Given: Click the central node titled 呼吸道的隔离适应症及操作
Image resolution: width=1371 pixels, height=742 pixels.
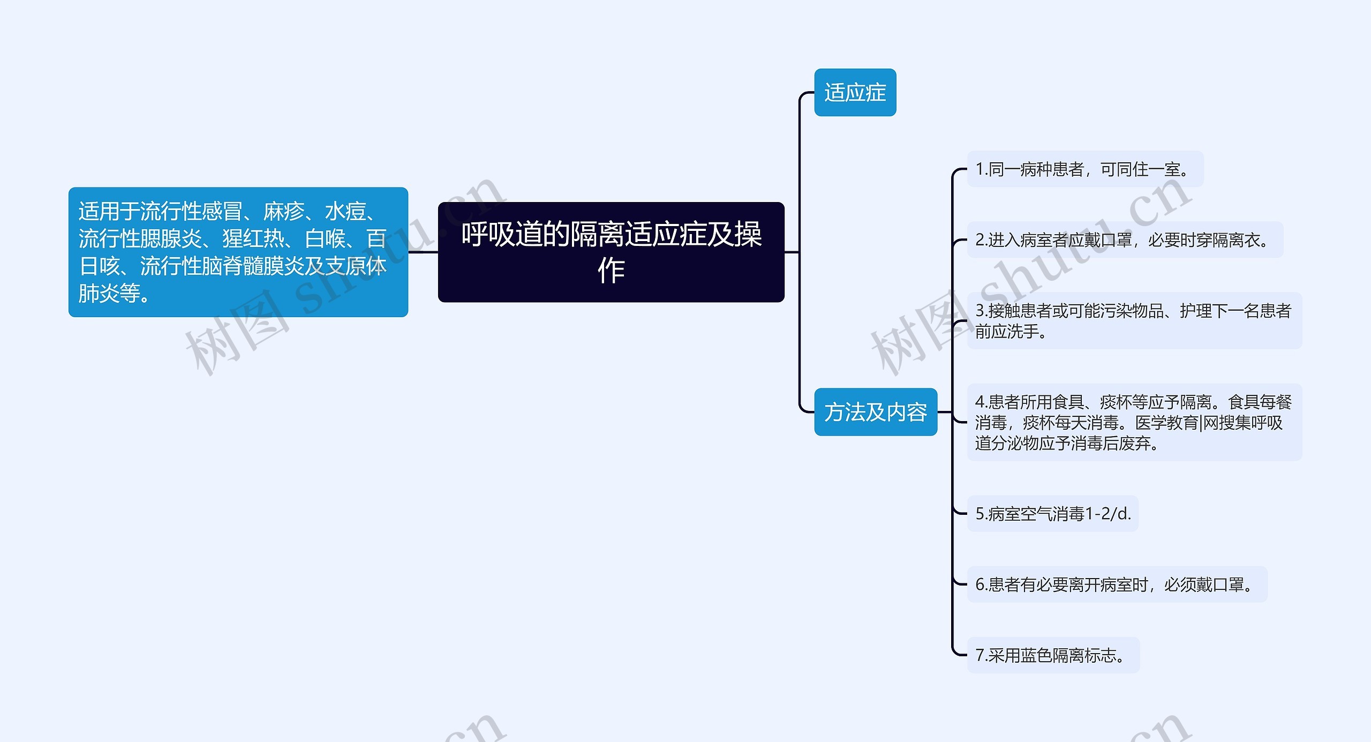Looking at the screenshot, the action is tap(611, 252).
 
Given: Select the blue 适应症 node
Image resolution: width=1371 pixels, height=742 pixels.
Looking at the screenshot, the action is tap(855, 92).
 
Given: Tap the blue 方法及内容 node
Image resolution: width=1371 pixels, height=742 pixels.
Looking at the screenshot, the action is tap(876, 412).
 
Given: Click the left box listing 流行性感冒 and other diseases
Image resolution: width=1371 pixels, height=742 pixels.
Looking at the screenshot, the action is tap(238, 252).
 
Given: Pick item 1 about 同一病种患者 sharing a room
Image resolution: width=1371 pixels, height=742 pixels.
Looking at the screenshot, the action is tap(1084, 169).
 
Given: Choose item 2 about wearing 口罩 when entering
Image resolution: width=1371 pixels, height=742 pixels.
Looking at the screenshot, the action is tap(1124, 240).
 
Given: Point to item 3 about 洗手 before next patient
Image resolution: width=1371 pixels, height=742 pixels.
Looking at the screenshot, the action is tap(1134, 320).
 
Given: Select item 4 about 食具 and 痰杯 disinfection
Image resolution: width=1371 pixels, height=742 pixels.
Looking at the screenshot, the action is tap(1134, 422).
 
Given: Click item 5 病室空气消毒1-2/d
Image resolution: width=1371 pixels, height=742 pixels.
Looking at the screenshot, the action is tap(1052, 514).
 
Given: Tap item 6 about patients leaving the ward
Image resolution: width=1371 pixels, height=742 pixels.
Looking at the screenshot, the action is tap(1117, 584).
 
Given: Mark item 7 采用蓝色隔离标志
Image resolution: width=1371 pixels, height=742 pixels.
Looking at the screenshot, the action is tap(1053, 655).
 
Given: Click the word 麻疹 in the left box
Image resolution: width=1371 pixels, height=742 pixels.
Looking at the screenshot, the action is tap(284, 212).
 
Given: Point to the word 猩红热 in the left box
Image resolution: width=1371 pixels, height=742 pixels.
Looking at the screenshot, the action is tap(253, 239).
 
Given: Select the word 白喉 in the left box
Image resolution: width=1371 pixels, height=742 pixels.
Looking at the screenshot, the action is tap(325, 239).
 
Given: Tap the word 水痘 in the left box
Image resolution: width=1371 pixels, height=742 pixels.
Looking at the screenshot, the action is tap(345, 212).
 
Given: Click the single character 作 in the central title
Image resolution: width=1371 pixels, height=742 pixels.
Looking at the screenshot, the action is tap(611, 270).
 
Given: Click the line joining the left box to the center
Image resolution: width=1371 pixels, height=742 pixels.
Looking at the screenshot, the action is tap(423, 252).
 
